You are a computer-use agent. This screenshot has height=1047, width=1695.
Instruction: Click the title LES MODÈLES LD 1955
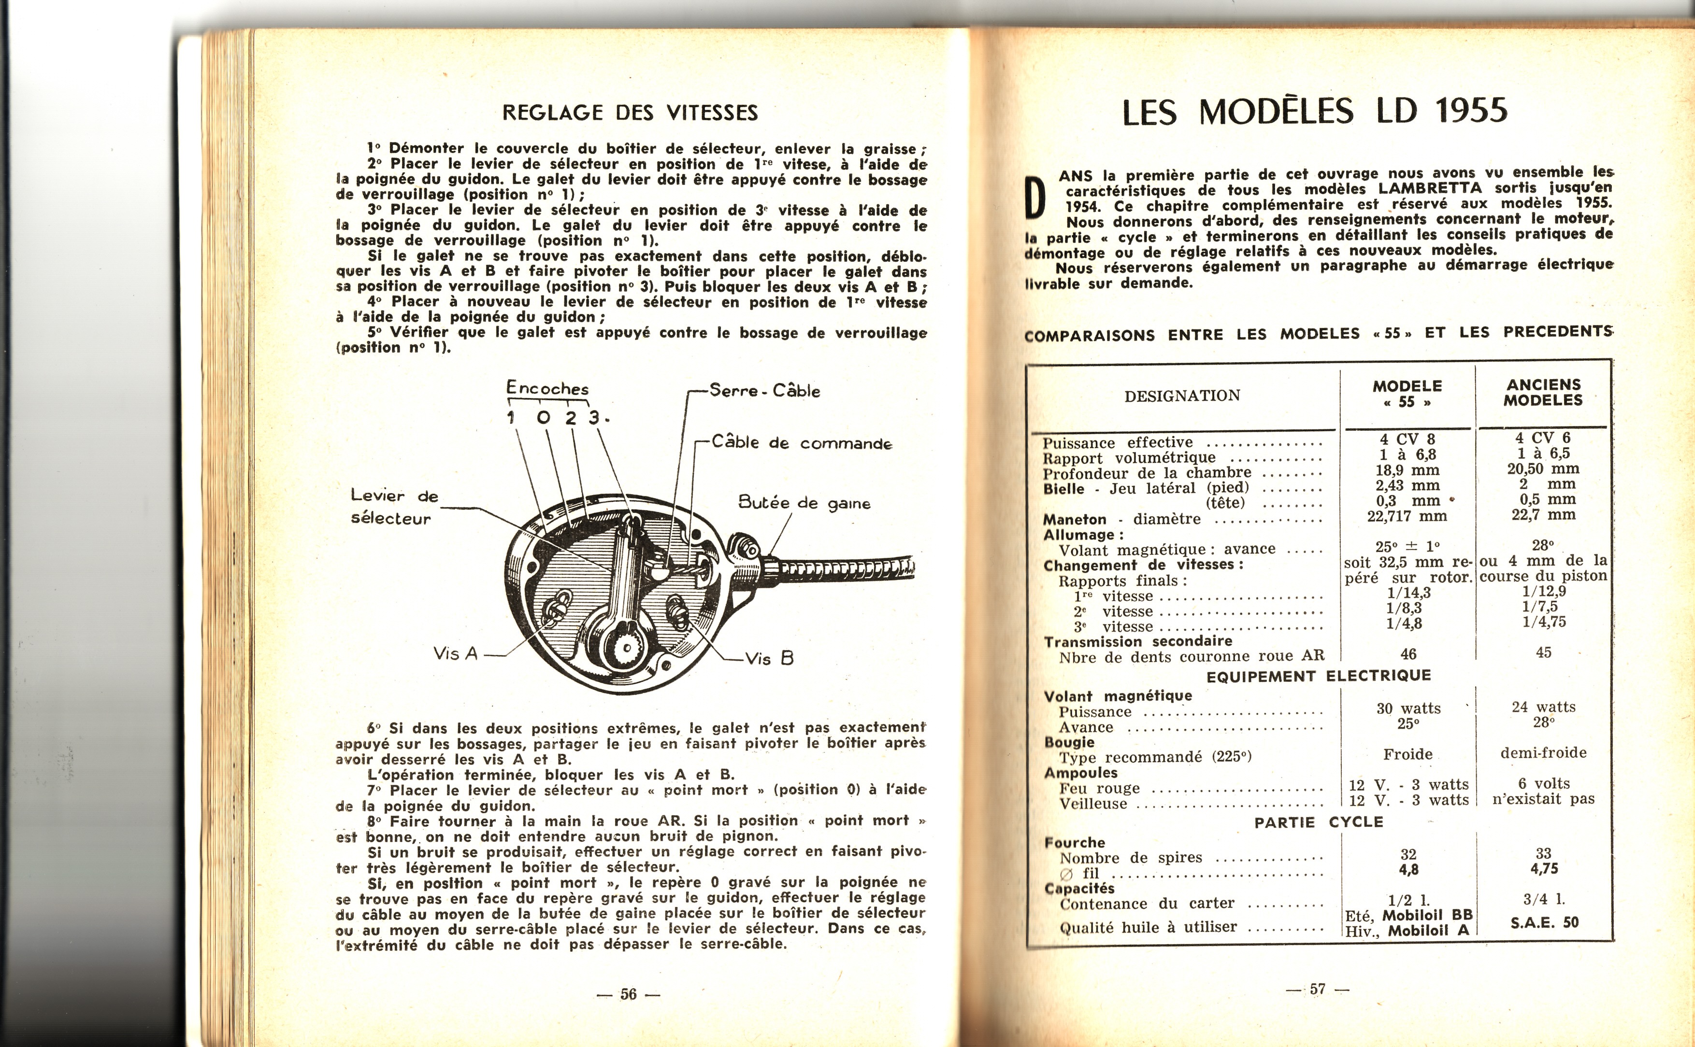click(x=1314, y=111)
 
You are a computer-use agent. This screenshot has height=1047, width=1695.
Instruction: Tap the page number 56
click(x=628, y=994)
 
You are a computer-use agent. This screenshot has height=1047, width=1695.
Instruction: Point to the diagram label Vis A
click(x=455, y=653)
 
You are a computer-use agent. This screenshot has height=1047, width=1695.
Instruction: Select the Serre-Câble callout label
click(x=765, y=391)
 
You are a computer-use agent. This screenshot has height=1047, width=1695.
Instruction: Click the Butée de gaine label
click(x=804, y=503)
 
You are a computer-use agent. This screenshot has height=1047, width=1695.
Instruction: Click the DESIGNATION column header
click(x=1182, y=396)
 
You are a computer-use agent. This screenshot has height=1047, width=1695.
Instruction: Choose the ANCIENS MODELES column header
click(x=1543, y=392)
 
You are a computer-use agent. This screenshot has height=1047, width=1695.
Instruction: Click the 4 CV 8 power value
click(x=1407, y=439)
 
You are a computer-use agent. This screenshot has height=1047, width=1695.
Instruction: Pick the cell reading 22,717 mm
click(x=1407, y=516)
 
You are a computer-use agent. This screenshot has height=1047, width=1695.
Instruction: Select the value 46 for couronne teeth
click(x=1408, y=654)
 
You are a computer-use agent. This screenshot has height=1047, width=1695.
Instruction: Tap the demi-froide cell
click(x=1543, y=753)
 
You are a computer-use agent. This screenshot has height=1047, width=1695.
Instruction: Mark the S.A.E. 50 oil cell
click(x=1544, y=922)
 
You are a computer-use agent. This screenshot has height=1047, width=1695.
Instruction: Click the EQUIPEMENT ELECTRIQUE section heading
click(x=1318, y=675)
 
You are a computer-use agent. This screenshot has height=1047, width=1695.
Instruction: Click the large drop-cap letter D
click(x=1035, y=198)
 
